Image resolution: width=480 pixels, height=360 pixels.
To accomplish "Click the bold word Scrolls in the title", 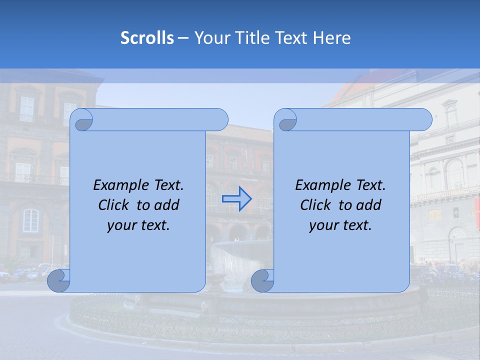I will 147,38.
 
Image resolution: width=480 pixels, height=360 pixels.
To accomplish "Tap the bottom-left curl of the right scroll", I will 262,280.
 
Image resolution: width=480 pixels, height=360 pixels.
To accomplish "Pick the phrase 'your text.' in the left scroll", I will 138,225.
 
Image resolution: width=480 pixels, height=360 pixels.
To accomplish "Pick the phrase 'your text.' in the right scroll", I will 340,225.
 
